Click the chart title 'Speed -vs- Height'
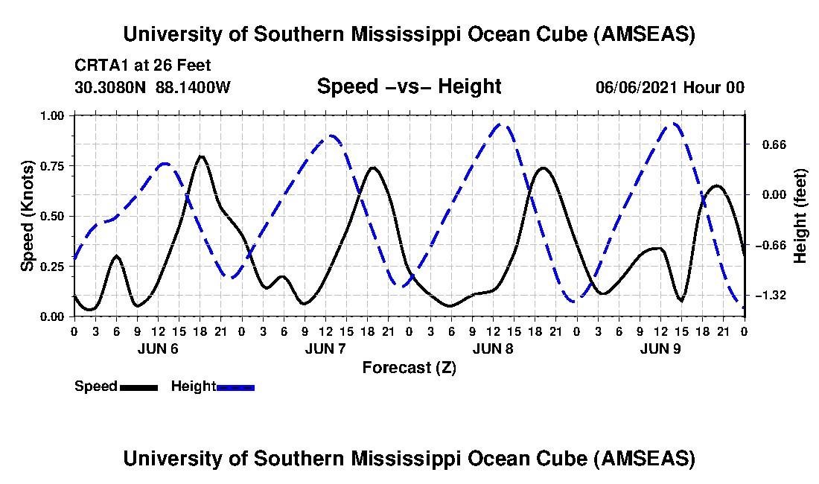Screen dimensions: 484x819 point(409,87)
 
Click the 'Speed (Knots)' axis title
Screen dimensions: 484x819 point(28,216)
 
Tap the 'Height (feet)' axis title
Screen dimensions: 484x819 point(800,216)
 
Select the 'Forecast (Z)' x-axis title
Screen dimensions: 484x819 point(409,367)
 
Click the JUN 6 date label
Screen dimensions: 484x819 point(158,348)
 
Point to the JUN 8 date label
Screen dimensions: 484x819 point(493,348)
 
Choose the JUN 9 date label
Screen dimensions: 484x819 point(660,348)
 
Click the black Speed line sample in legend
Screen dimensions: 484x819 point(138,387)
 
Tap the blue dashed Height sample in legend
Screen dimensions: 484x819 point(235,387)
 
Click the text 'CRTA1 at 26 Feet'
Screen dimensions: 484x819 point(143,65)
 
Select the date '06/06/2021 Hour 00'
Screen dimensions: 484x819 point(669,87)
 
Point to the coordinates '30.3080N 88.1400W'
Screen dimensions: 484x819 point(153,87)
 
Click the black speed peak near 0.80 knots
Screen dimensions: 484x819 point(200,156)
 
